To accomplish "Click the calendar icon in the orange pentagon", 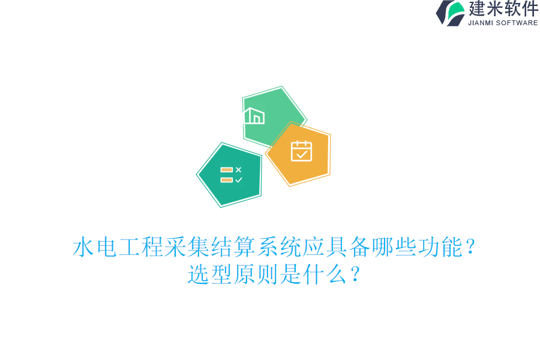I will coord(301,151).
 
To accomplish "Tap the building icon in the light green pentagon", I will coord(254,116).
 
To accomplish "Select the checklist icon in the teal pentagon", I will coord(231,175).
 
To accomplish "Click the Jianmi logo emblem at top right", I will coord(451,13).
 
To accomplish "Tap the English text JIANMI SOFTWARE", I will coord(503,23).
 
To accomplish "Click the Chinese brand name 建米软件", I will coord(503,9).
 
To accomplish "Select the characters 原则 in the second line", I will coord(256,275).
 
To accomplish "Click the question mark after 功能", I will coord(470,247).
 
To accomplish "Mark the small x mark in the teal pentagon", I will coord(238,170).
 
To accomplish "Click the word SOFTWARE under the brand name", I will coord(518,23).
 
